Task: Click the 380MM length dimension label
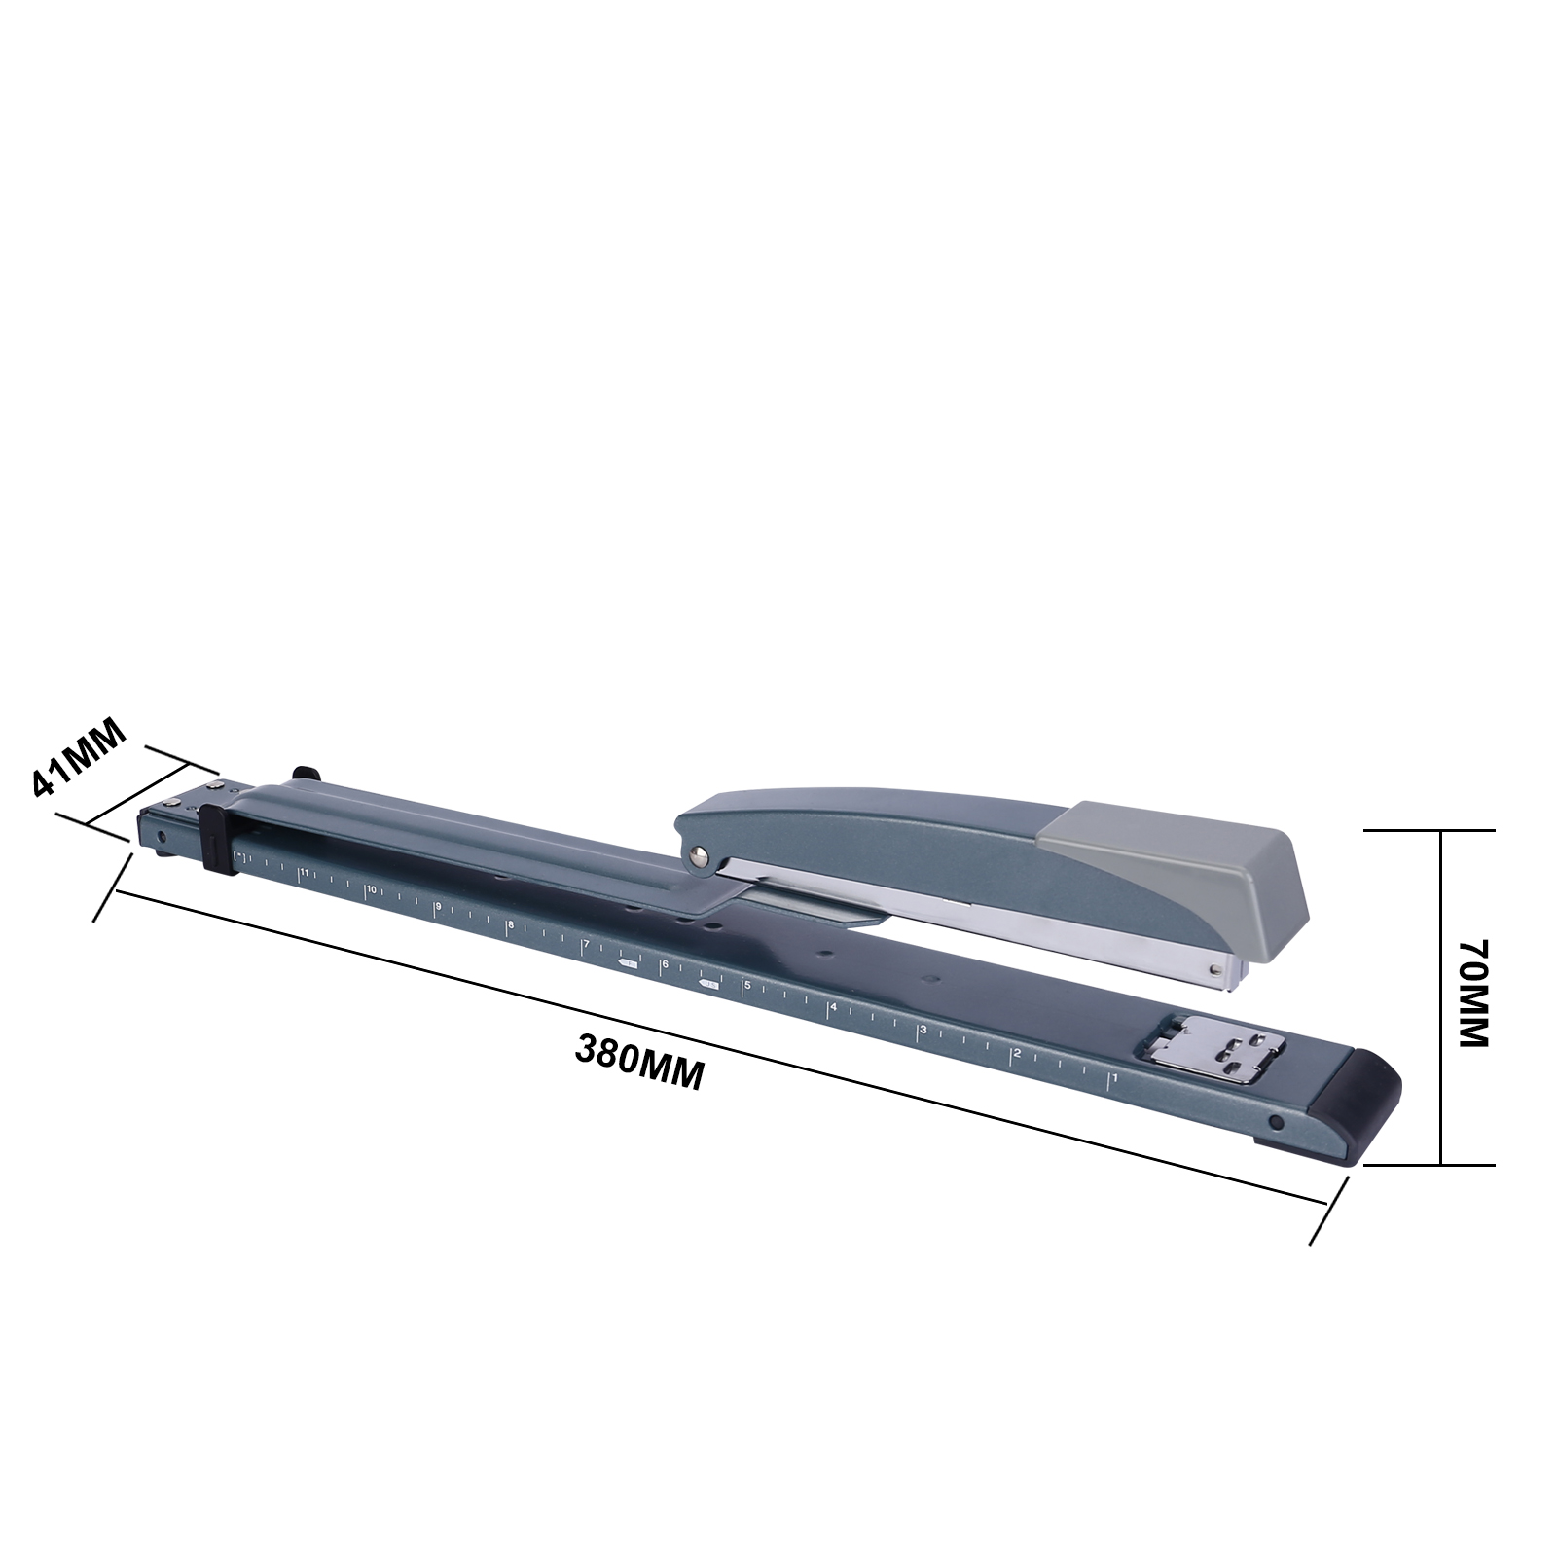[639, 1063]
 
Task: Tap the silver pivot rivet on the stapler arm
[697, 855]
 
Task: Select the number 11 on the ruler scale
[304, 872]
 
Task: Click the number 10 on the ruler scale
[371, 889]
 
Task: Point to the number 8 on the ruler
[510, 924]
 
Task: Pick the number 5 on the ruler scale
[747, 986]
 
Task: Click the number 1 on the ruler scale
[1115, 1078]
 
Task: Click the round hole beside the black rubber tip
[1276, 1123]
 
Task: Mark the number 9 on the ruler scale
[439, 907]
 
